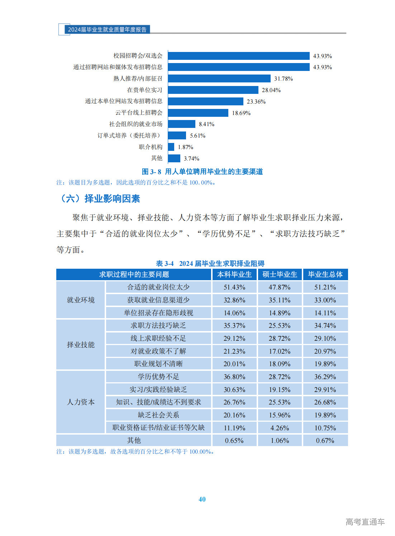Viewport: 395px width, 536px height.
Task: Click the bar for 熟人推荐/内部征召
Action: pos(219,78)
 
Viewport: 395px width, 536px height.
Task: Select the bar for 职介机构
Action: pos(171,147)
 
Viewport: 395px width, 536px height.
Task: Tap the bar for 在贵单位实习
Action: pos(213,90)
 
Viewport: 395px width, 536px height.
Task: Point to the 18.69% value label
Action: pos(241,113)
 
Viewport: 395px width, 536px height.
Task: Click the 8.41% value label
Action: pos(206,124)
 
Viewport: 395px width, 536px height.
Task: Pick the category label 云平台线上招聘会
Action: pos(139,113)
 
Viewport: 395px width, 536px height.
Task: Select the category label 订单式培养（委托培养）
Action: pos(130,135)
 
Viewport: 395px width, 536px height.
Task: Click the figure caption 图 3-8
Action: pos(202,172)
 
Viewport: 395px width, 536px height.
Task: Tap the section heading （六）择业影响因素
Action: pos(99,198)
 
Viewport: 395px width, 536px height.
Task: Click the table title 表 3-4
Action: pos(210,264)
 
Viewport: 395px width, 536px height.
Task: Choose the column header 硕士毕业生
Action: pos(280,274)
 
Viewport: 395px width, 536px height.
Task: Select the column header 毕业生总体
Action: pos(325,274)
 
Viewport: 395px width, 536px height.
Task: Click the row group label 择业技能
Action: pos(81,345)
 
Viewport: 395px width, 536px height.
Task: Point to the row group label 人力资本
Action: pos(81,402)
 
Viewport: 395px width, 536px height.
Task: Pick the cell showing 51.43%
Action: pos(234,287)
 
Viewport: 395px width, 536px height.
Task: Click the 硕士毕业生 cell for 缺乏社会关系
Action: pos(280,415)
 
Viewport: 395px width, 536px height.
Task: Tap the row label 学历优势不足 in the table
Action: pos(158,377)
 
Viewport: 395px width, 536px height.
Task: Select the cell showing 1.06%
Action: pos(280,440)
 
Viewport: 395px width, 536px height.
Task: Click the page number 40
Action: pos(202,499)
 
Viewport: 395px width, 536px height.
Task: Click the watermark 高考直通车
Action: pos(365,522)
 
